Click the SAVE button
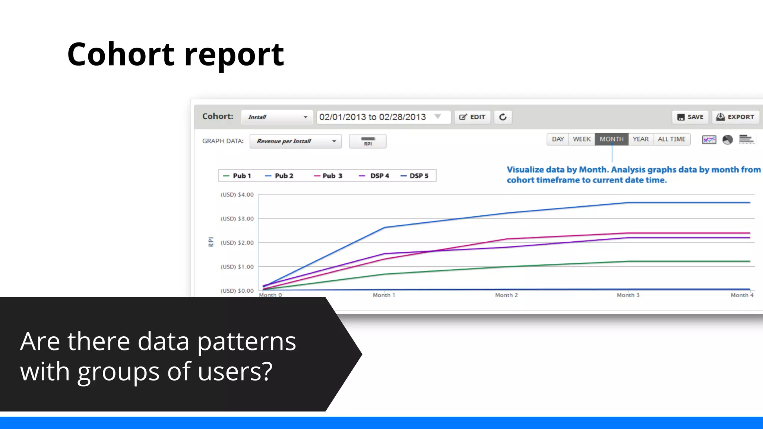tap(690, 117)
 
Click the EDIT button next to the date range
tap(472, 117)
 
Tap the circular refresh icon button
tap(503, 117)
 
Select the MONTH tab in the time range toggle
tap(611, 139)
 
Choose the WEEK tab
tap(582, 139)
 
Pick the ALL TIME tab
tap(671, 139)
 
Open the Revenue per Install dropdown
tap(295, 141)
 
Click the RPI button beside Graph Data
tap(367, 141)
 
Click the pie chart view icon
tap(727, 140)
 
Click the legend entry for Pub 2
tap(279, 176)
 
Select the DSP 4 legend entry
tap(374, 176)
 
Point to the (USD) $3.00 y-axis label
tap(237, 219)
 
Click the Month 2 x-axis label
tap(506, 295)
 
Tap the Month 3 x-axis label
tap(628, 295)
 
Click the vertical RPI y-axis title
tap(211, 242)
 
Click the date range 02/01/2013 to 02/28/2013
tap(372, 117)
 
